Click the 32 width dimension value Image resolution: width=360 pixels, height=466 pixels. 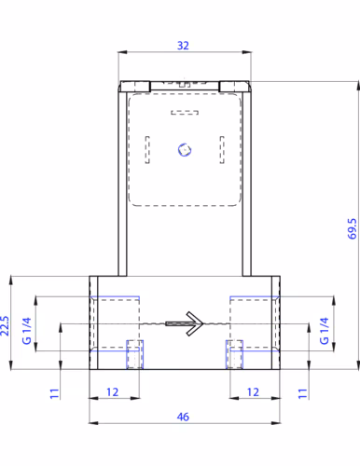[x=183, y=46]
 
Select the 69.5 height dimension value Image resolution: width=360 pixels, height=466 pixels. [x=352, y=228]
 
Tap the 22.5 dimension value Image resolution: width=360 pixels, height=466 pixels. [x=5, y=325]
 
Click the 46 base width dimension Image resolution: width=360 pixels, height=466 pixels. [x=183, y=417]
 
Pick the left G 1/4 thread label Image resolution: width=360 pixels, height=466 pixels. [x=27, y=331]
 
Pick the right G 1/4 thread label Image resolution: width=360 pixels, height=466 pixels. [x=325, y=331]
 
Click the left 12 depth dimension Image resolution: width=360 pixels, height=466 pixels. [x=113, y=392]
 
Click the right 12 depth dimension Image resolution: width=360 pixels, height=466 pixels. [x=253, y=392]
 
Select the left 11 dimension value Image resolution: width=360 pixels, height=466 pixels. [x=54, y=393]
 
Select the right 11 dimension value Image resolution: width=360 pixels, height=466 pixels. [x=302, y=393]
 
